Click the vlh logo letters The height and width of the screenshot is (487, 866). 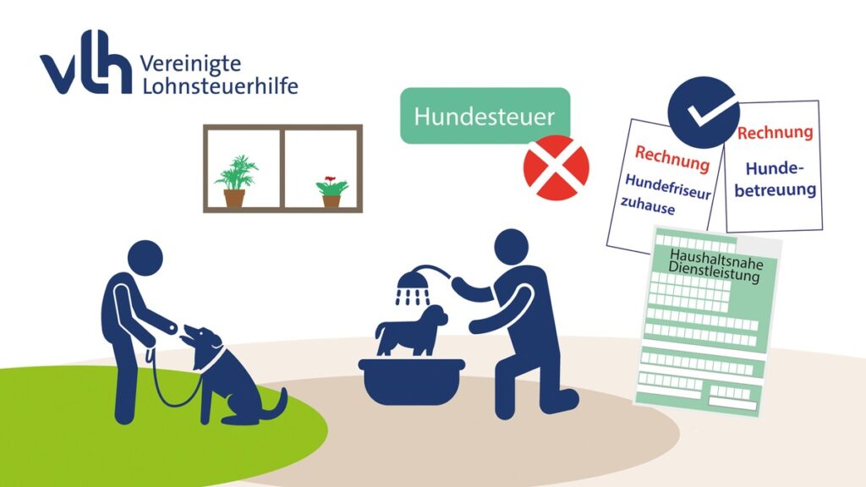point(86,62)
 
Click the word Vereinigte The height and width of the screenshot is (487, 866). point(190,64)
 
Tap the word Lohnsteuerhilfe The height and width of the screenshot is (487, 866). point(220,85)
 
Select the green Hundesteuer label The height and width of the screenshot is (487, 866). point(485,115)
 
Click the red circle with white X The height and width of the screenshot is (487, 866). point(556,167)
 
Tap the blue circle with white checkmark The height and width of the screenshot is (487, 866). point(703,112)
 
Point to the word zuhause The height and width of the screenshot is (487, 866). point(647,205)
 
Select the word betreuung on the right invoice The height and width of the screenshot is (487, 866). point(775,190)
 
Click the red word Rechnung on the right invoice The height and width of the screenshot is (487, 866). point(775,133)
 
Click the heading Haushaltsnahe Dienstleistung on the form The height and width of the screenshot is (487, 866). point(715,265)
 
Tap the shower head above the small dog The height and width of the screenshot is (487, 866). point(413,287)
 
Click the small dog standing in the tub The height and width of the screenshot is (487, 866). point(412,331)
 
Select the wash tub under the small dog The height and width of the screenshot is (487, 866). point(412,381)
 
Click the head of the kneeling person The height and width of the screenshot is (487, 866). point(512,247)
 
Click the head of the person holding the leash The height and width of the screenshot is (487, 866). point(145,258)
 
